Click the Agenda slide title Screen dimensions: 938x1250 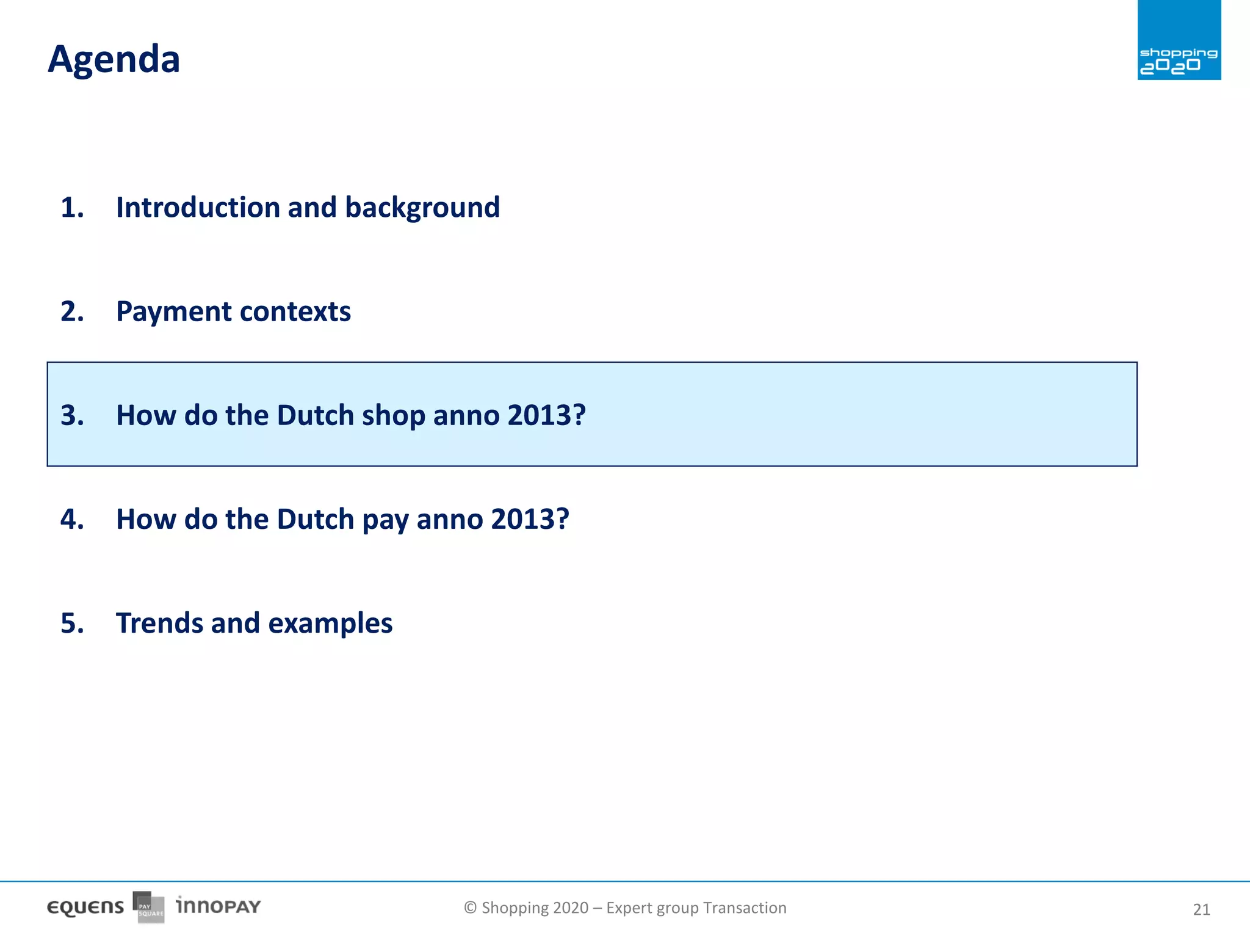coord(114,60)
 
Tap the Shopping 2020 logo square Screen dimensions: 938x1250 coord(1179,40)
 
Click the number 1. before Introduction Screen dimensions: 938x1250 coord(72,208)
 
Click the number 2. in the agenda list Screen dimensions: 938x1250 coord(72,311)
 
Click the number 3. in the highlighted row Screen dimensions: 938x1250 coord(72,415)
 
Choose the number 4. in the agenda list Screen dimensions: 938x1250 coord(72,519)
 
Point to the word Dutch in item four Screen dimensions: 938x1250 coord(315,519)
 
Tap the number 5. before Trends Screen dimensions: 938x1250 coord(72,624)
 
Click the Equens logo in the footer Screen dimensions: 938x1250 coord(85,907)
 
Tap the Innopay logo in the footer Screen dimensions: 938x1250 coord(218,906)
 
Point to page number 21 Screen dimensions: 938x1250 coord(1201,910)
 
